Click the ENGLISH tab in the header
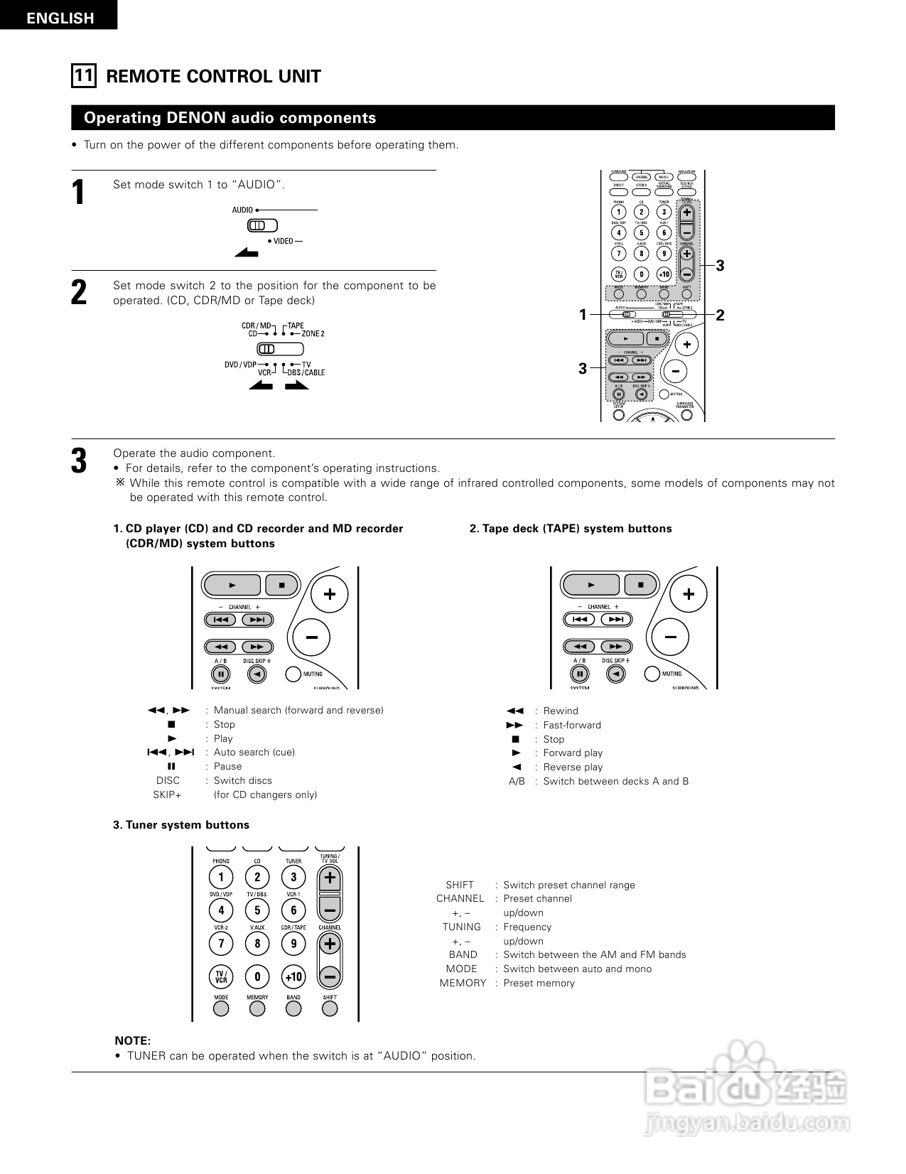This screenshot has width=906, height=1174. (x=60, y=18)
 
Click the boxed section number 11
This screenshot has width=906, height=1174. (x=83, y=75)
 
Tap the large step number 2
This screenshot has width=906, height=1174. (x=79, y=293)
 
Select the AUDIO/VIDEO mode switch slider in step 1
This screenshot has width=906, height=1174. (x=261, y=226)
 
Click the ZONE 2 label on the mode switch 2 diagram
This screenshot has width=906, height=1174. (x=313, y=333)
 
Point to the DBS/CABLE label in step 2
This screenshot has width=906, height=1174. (x=306, y=372)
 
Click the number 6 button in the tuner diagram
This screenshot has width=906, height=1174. (x=293, y=910)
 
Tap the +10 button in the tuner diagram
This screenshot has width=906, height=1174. (x=293, y=976)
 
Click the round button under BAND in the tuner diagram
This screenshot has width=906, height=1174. (x=293, y=1008)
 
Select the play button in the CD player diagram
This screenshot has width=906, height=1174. (x=232, y=585)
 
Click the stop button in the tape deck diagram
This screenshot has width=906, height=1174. (x=641, y=585)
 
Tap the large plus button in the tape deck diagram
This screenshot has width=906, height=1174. (x=688, y=594)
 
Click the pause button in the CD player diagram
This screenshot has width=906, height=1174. (x=221, y=674)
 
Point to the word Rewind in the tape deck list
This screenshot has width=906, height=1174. (x=561, y=711)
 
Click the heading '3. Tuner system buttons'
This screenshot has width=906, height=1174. (x=181, y=825)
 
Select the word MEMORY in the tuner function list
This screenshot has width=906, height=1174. (x=463, y=983)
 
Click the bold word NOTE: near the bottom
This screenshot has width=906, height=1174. (x=133, y=1040)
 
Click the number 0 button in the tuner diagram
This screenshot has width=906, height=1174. (x=257, y=976)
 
